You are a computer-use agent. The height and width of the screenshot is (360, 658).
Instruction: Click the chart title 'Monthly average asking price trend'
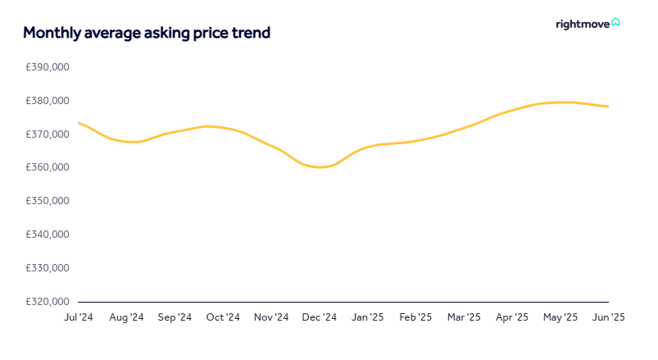(147, 33)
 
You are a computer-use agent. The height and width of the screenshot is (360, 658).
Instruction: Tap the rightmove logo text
(582, 24)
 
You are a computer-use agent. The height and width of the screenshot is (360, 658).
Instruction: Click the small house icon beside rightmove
(615, 22)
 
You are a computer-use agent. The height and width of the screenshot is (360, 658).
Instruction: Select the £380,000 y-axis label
(48, 101)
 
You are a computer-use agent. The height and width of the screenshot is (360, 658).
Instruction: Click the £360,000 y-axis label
(48, 167)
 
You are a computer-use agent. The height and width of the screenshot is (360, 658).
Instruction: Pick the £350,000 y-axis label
(48, 201)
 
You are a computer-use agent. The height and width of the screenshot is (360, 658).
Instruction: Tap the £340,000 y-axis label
(48, 235)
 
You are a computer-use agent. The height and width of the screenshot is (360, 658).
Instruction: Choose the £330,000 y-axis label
(48, 268)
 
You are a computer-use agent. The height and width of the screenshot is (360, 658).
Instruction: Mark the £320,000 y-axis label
(48, 302)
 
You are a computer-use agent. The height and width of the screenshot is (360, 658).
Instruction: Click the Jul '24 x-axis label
(79, 317)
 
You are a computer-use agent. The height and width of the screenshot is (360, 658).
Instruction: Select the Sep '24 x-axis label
(175, 317)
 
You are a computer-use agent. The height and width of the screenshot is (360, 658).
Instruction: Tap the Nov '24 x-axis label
(271, 317)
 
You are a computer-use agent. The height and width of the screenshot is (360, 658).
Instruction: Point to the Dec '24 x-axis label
(320, 317)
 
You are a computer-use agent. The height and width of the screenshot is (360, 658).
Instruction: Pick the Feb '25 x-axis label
(415, 317)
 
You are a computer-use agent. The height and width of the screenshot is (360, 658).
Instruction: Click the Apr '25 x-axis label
(512, 317)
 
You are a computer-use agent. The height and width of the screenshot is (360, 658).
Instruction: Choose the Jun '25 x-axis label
(608, 317)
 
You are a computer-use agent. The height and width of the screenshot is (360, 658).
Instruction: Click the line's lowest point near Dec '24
(320, 167)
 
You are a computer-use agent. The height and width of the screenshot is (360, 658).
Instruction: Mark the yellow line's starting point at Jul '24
(79, 122)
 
